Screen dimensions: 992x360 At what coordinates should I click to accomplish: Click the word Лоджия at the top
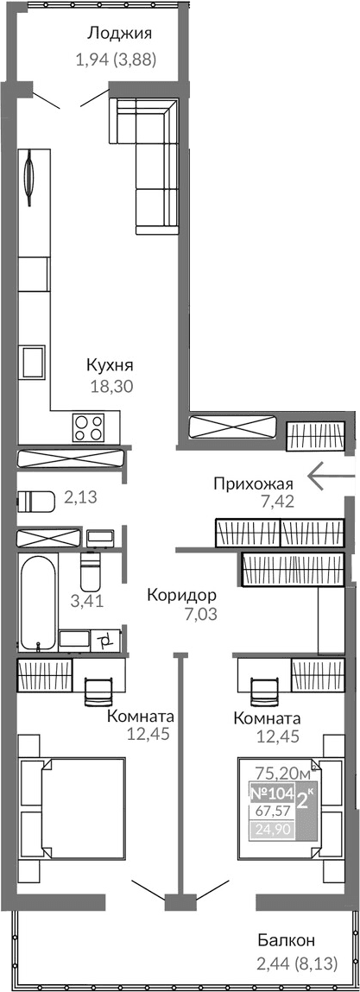coord(119,35)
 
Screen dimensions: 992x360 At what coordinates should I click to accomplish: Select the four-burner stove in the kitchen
coord(89,426)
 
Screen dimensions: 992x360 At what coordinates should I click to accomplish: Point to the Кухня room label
coord(109,364)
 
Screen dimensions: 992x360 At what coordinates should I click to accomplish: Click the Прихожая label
coord(255,483)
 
